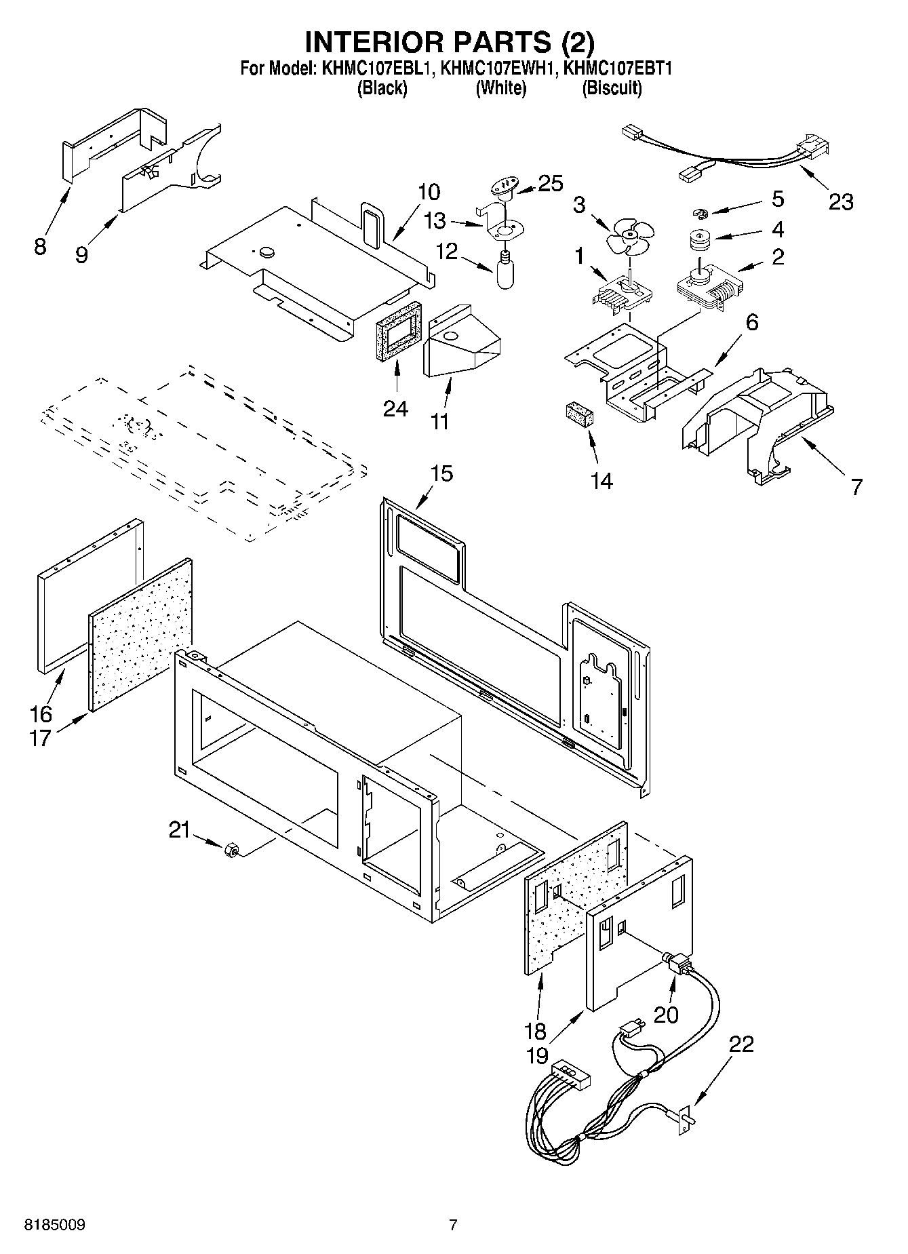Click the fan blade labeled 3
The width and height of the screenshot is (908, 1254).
[x=629, y=237]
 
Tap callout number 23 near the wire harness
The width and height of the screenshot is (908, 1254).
[x=841, y=202]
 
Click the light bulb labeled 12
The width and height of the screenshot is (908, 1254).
[x=505, y=272]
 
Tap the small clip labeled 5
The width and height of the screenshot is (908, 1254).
[x=699, y=214]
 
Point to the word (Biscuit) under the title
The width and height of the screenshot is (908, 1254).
[x=611, y=88]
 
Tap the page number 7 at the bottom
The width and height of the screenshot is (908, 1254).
[x=453, y=1225]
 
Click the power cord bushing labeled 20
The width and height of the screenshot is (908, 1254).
[x=675, y=963]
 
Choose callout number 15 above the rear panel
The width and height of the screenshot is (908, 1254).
[x=441, y=473]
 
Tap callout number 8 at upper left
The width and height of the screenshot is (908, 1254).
[x=40, y=246]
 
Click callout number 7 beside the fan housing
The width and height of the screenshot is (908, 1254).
[x=856, y=486]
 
